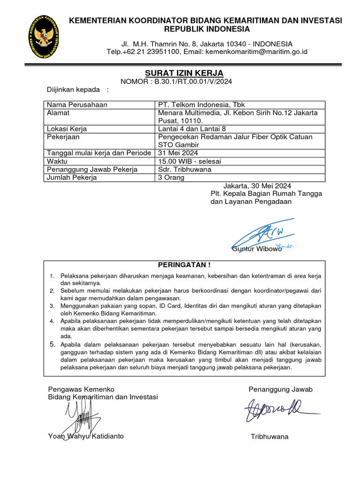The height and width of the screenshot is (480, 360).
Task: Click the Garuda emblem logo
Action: click(x=43, y=37)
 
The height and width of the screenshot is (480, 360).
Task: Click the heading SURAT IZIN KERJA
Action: click(x=183, y=73)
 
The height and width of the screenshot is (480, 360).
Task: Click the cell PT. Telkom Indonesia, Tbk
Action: click(x=202, y=105)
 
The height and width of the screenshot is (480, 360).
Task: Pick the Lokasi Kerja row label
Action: click(x=67, y=129)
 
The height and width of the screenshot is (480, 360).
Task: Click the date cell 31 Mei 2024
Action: click(x=178, y=153)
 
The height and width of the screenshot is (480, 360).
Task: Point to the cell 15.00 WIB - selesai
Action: click(x=190, y=161)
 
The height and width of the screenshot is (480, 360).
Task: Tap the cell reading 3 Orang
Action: click(x=172, y=178)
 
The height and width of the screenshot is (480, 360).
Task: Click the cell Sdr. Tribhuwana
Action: click(x=185, y=169)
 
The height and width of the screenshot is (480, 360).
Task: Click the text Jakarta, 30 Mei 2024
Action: click(x=257, y=185)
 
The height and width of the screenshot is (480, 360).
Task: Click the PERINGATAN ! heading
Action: click(x=184, y=265)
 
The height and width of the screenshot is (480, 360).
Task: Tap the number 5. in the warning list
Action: click(x=53, y=344)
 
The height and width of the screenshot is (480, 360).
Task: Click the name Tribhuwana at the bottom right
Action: click(x=270, y=437)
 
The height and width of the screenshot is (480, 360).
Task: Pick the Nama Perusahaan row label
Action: click(x=77, y=105)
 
